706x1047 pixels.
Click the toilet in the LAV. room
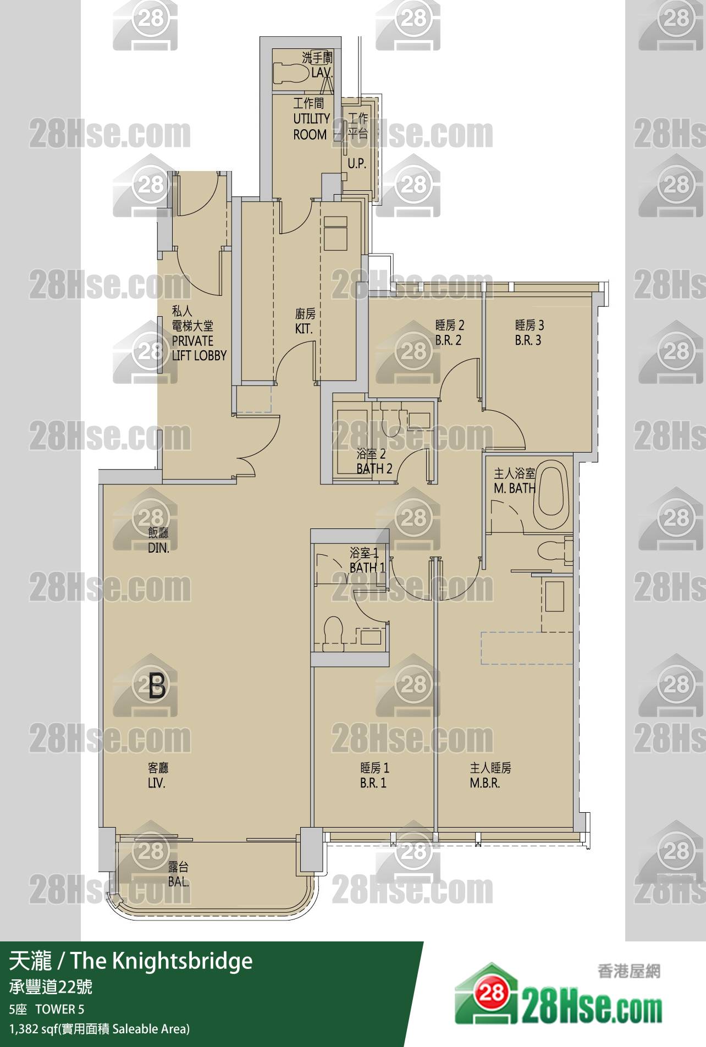[x=291, y=71]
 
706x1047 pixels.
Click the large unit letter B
[x=157, y=685]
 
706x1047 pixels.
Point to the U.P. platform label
[x=356, y=163]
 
